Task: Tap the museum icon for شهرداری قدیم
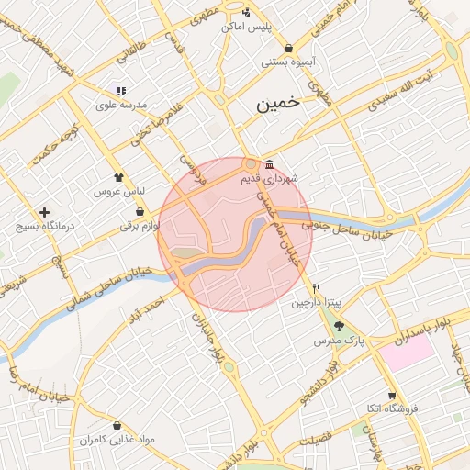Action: [268, 165]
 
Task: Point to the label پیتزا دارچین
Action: [316, 302]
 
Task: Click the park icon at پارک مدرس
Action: [339, 326]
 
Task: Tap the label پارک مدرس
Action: [341, 341]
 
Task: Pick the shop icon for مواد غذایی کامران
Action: [118, 425]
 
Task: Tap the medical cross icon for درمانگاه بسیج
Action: [44, 212]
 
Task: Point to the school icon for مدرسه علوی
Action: [121, 91]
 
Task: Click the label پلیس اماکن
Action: [247, 27]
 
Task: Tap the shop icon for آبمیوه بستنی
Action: [289, 48]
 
